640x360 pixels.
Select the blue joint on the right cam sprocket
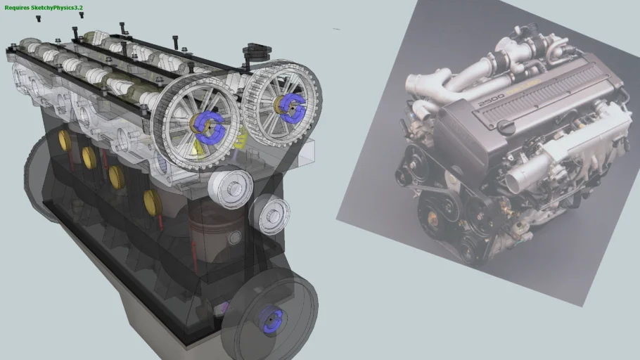click(288, 105)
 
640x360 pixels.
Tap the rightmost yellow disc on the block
click(152, 202)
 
